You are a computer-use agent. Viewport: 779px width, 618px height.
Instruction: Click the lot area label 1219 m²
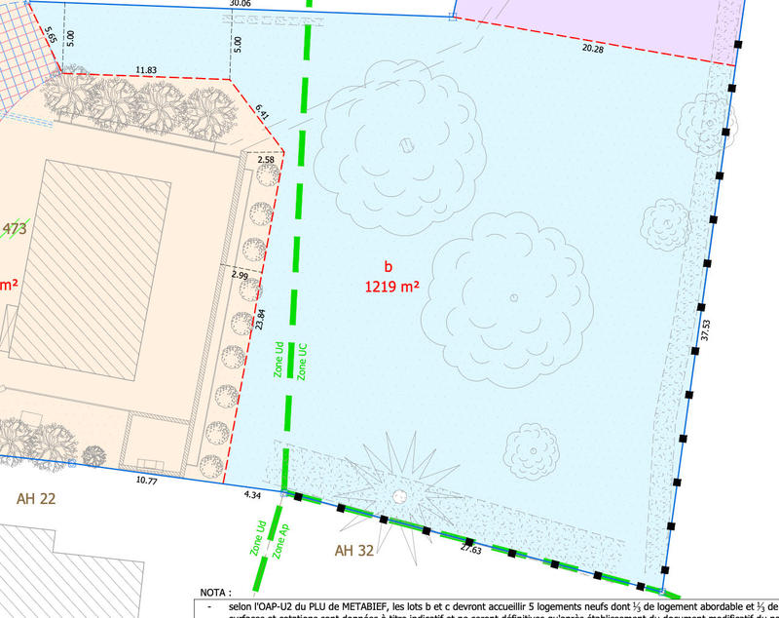391,288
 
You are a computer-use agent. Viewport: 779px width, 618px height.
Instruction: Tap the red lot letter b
388,266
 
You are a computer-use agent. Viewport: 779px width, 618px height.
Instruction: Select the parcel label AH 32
354,551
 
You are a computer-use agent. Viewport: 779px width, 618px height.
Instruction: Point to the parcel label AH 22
37,498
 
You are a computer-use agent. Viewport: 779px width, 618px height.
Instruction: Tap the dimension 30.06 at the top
239,4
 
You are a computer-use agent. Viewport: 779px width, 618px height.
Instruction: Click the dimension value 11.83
146,70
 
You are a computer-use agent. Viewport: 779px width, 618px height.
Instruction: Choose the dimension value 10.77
147,481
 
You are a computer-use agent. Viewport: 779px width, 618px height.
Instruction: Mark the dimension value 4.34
252,496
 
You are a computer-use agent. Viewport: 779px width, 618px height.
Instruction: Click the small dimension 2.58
251,159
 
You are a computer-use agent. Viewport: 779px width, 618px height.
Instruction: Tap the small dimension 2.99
240,276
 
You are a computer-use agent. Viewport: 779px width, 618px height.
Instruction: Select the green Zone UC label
303,361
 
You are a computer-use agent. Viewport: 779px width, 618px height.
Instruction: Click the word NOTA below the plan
215,592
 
